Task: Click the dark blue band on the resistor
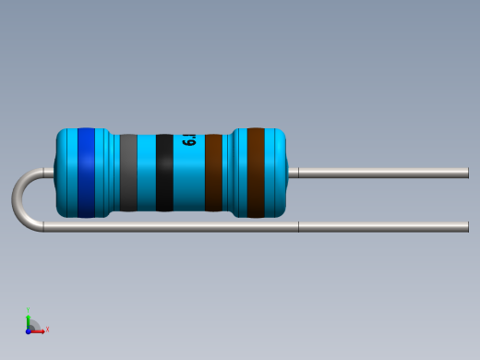coord(86,173)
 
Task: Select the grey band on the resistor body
coord(128,173)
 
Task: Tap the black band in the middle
coord(164,173)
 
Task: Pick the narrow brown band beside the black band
coord(213,173)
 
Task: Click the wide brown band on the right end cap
coord(256,173)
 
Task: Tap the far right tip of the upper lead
coord(466,173)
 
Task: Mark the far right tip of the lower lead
coord(466,226)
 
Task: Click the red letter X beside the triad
coord(47,330)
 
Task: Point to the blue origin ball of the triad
coord(29,330)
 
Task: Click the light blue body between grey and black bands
coord(147,173)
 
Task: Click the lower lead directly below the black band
coord(164,226)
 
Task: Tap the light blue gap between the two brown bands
coord(233,173)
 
